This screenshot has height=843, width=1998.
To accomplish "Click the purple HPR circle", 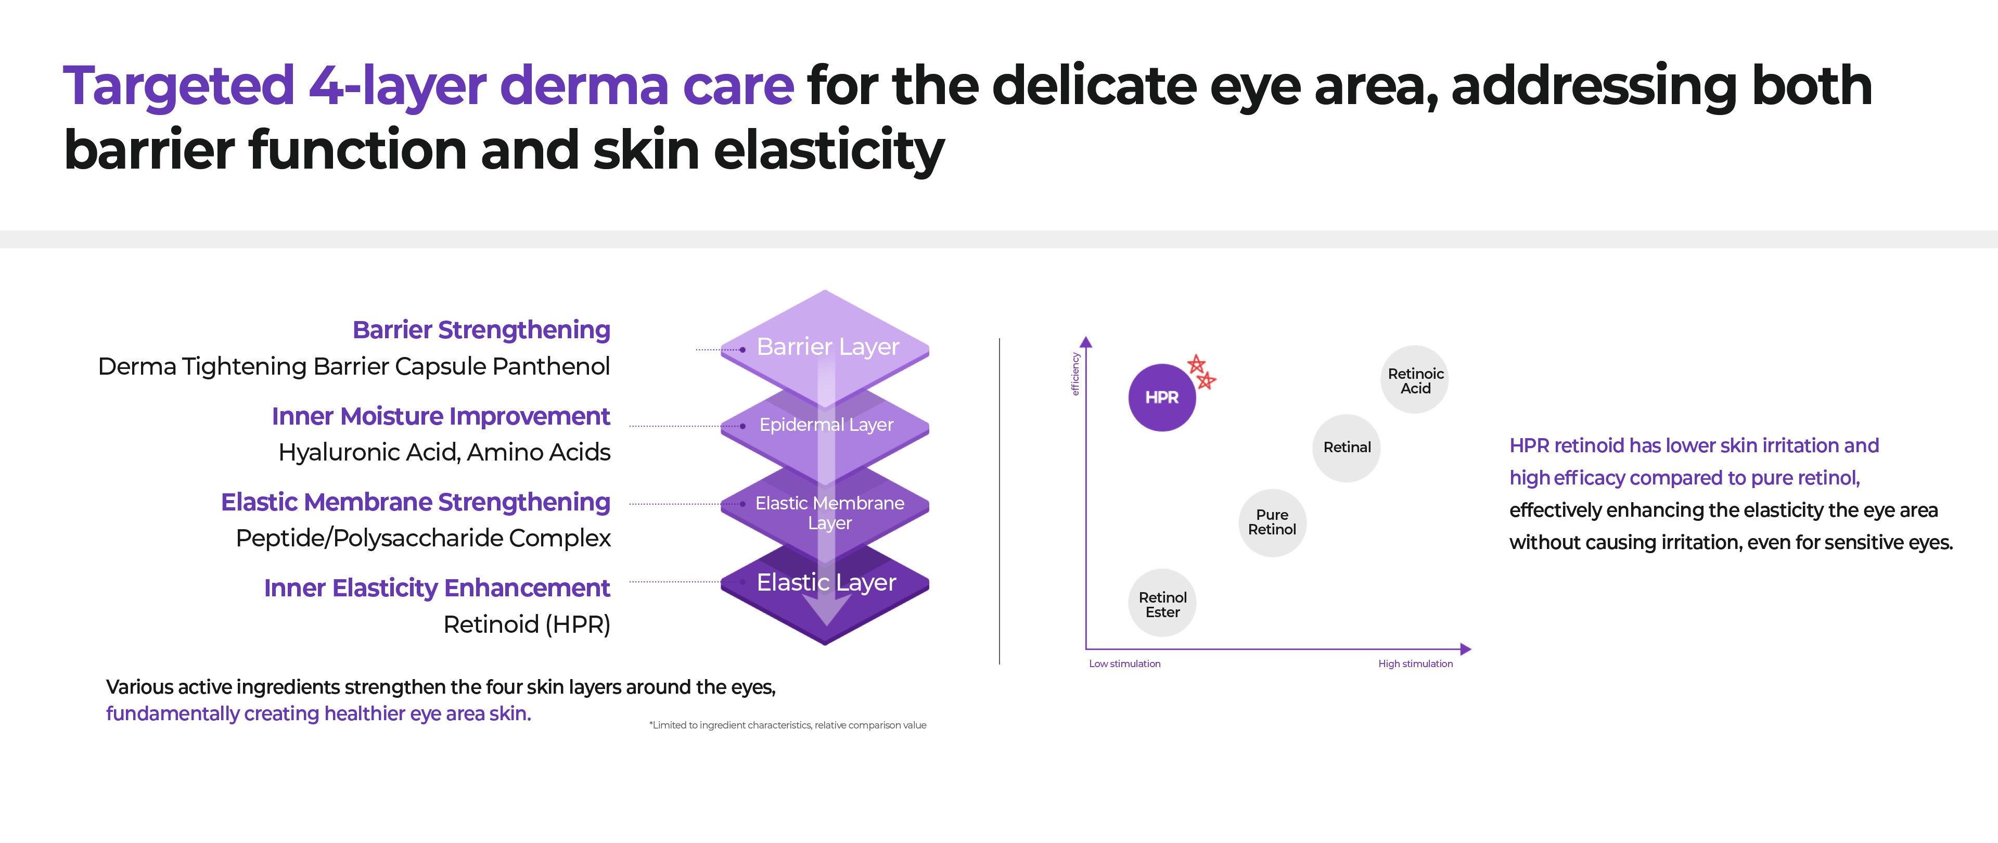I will click(x=1161, y=397).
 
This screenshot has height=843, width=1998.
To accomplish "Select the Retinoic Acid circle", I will click(x=1415, y=380).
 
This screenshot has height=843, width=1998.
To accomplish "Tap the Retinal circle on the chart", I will click(x=1347, y=448).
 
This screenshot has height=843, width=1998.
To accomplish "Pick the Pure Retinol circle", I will click(x=1272, y=522).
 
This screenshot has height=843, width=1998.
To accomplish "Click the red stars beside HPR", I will click(x=1201, y=372).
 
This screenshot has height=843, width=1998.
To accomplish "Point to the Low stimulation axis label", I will click(x=1124, y=664).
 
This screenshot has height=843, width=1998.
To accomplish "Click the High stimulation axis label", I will click(x=1415, y=664).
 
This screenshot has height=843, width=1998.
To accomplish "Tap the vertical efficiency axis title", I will click(x=1075, y=374).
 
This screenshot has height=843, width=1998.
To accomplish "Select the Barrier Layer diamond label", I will click(x=828, y=347).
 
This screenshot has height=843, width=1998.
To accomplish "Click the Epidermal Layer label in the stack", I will click(x=826, y=425).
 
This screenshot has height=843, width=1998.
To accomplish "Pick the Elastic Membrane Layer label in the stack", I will click(x=829, y=513).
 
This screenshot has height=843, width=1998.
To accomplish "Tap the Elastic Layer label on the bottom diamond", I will click(x=826, y=582).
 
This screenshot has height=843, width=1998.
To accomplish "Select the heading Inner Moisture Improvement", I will click(x=441, y=416).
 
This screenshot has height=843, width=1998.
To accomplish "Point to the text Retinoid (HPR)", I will click(x=527, y=624).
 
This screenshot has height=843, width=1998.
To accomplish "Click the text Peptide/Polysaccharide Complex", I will click(x=422, y=538).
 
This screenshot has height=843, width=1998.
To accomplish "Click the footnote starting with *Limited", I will click(x=787, y=725).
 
